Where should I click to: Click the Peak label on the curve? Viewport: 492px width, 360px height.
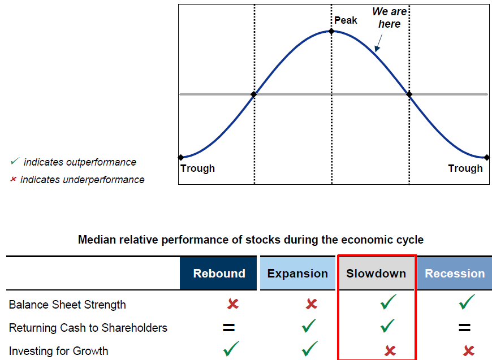[346, 20]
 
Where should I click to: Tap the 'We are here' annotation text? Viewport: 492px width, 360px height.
[390, 18]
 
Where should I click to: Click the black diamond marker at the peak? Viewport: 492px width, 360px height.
[332, 31]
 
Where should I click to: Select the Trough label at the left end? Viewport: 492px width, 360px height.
[197, 168]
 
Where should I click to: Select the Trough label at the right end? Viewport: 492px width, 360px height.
[465, 168]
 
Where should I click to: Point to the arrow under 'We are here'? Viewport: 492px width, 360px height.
[378, 43]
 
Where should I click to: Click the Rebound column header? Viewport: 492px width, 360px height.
[219, 274]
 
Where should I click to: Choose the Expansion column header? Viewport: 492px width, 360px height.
[297, 274]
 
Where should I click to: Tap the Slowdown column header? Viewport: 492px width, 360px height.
[376, 274]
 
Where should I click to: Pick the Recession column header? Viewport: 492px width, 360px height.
[455, 274]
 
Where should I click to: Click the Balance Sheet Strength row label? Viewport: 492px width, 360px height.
[67, 305]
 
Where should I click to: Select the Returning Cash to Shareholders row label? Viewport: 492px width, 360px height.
[88, 328]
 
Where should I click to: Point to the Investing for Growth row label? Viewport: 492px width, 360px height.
[58, 351]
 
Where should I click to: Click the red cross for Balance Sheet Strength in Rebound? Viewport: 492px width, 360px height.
[232, 304]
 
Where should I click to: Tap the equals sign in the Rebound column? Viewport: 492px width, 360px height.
[228, 327]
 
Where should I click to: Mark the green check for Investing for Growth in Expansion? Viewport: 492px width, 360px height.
[310, 349]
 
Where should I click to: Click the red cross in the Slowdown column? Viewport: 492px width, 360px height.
[390, 351]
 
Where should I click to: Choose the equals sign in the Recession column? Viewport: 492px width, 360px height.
[464, 327]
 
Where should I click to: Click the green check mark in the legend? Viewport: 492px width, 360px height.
[14, 162]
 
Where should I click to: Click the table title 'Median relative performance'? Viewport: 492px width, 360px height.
[251, 240]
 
